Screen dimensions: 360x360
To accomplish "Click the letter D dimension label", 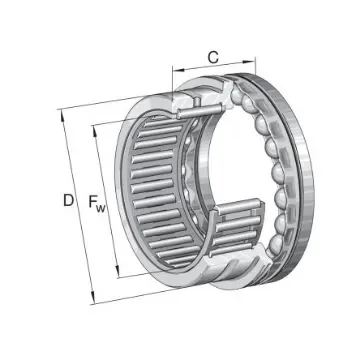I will tap(67, 200).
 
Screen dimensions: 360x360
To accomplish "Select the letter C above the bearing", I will tap(212, 56).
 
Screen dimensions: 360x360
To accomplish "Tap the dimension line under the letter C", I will tap(212, 71).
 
